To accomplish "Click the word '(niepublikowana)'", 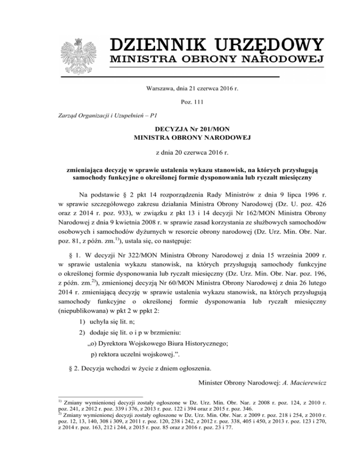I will pyautogui.click(x=83, y=295).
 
